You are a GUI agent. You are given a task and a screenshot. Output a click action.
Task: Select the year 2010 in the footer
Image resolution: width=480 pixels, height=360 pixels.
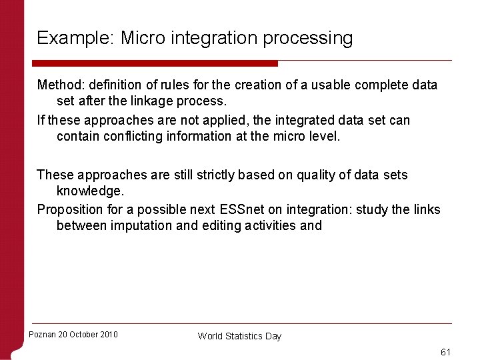coord(107,335)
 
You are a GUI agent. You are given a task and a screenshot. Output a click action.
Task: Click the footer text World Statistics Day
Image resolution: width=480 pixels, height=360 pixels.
coord(239,336)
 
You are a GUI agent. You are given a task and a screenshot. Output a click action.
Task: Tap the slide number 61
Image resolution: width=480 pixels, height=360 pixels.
coord(445,351)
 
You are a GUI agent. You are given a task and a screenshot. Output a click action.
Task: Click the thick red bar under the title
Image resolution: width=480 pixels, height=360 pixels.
coord(157,63)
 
